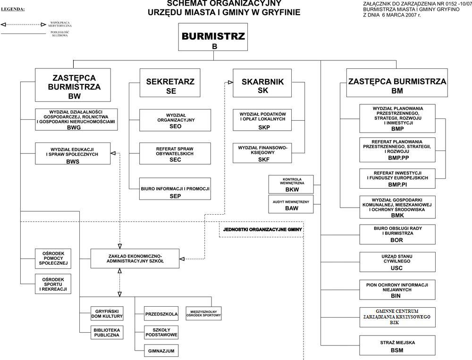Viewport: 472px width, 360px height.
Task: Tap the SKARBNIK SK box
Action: tap(263, 85)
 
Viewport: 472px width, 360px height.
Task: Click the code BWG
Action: tap(74, 127)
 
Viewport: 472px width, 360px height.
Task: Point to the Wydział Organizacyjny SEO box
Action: tap(175, 120)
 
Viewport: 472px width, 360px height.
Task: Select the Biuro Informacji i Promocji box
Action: tap(175, 192)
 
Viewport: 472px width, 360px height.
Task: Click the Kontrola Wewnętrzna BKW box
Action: tap(291, 184)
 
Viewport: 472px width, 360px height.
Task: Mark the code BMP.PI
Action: tap(397, 185)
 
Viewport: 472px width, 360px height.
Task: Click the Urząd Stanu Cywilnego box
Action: tap(397, 262)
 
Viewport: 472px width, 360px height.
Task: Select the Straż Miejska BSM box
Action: tap(397, 346)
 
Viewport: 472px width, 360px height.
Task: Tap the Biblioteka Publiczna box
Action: tap(107, 332)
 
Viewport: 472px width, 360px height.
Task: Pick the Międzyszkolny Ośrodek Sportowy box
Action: tap(203, 314)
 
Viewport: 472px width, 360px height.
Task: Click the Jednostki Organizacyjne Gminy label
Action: tap(261, 230)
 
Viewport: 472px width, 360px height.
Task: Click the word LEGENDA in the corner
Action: tap(13, 9)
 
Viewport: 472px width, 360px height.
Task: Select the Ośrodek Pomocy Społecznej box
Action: tap(53, 257)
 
